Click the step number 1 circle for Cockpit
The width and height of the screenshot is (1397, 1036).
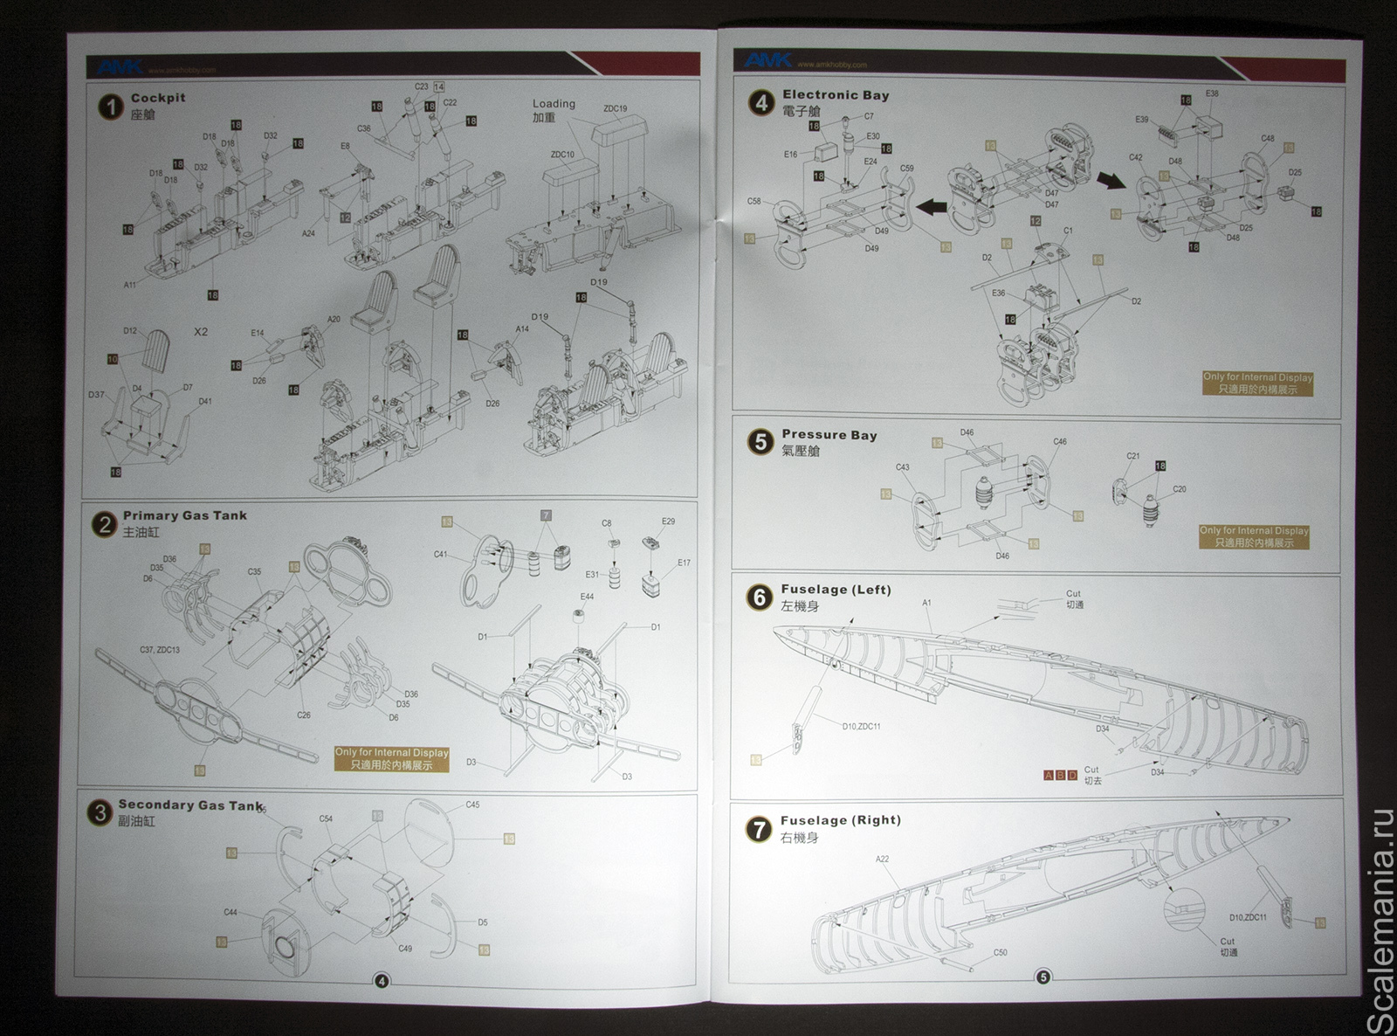tap(110, 107)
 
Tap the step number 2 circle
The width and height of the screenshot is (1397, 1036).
tap(104, 524)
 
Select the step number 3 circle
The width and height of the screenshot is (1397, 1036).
tap(100, 813)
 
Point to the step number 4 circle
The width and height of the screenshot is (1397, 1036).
tap(761, 103)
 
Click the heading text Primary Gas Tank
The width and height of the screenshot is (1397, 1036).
tap(184, 515)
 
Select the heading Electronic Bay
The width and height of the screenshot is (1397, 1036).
tap(836, 94)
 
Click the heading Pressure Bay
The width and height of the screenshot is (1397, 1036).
tap(829, 434)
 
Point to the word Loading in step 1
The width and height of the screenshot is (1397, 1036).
tap(554, 103)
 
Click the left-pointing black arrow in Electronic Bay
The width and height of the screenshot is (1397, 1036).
tap(932, 207)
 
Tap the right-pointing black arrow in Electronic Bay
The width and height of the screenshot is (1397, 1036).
tap(1111, 180)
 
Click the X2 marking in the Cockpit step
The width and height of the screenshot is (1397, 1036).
tap(201, 332)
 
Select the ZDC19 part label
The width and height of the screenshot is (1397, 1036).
tap(615, 109)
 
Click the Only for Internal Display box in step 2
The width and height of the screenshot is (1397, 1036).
tap(391, 758)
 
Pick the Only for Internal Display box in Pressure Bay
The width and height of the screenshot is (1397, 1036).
tap(1254, 536)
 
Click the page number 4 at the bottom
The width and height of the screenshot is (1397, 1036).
tap(381, 981)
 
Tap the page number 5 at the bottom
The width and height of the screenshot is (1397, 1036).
tap(1043, 977)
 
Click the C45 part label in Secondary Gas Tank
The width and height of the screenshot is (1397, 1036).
tap(472, 805)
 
